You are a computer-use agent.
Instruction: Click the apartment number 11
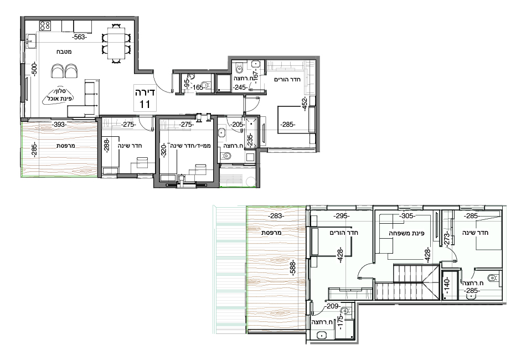[145, 104]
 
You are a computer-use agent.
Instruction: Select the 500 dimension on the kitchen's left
[34, 70]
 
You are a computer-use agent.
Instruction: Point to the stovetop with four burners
[45, 25]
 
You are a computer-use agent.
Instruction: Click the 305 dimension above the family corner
[407, 217]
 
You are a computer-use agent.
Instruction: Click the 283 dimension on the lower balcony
[276, 216]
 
